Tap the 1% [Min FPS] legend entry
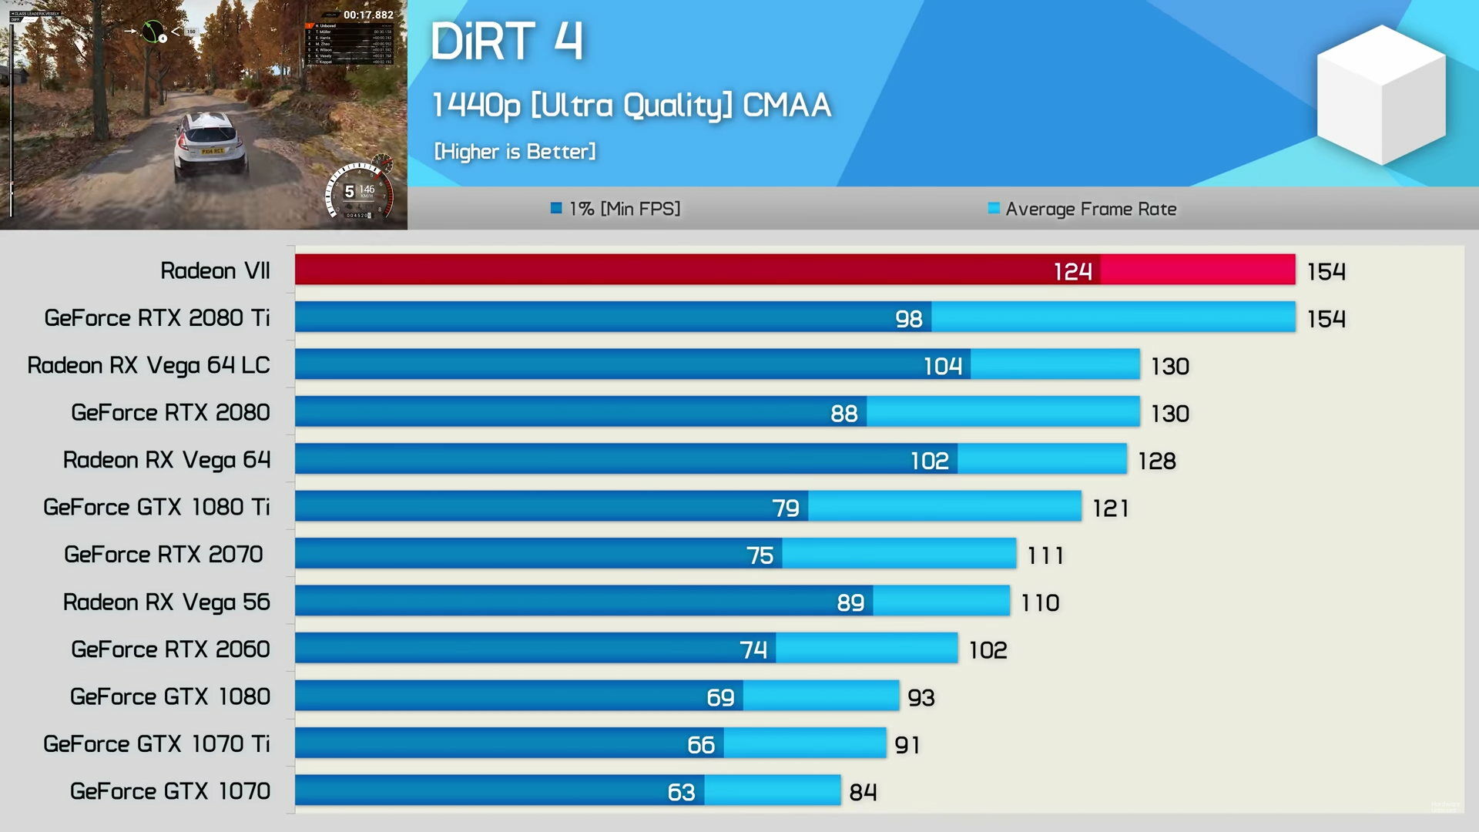click(x=615, y=209)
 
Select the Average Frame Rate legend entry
click(x=1082, y=209)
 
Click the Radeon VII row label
click(x=215, y=270)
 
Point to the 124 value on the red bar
click(x=1072, y=271)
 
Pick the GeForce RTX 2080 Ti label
click(x=157, y=318)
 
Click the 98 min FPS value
click(x=908, y=319)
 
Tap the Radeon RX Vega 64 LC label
click(x=149, y=365)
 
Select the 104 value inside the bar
click(x=943, y=366)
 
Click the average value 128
click(x=1156, y=461)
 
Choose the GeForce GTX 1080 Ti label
click(x=156, y=507)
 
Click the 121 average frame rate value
click(x=1110, y=508)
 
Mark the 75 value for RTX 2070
click(x=760, y=555)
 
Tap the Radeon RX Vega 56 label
click(x=166, y=602)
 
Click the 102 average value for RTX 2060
click(x=988, y=650)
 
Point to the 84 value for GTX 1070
click(x=863, y=792)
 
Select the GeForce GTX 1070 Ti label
click(x=156, y=743)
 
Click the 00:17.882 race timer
click(x=368, y=15)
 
